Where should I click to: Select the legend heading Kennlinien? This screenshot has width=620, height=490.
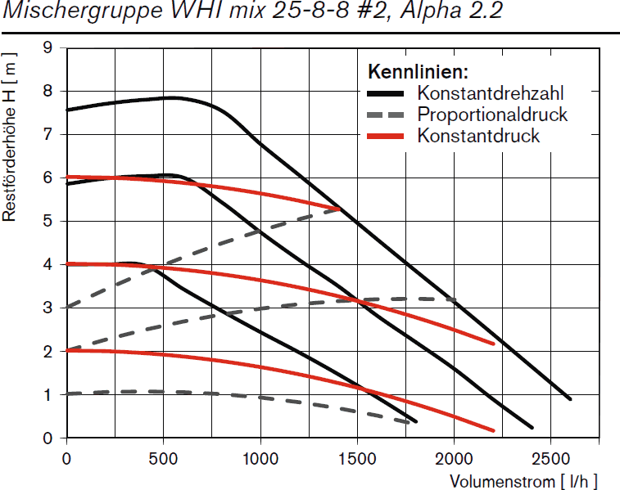[x=418, y=71]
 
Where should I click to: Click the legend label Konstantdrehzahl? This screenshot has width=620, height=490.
[x=490, y=92]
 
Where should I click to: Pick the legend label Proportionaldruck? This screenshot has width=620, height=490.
[x=491, y=114]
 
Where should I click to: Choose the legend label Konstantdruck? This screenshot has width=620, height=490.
[x=478, y=135]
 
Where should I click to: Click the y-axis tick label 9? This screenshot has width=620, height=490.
[x=48, y=48]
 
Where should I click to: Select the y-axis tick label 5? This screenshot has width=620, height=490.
[x=48, y=221]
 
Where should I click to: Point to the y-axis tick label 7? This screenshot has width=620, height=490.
[x=48, y=135]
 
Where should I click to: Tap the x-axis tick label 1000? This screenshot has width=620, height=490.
[x=260, y=459]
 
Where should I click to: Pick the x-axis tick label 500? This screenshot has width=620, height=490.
[x=163, y=459]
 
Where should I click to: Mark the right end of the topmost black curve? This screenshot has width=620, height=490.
[x=569, y=398]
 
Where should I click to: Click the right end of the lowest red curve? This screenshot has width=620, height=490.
[x=493, y=429]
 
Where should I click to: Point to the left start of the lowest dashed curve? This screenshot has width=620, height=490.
[x=68, y=393]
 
